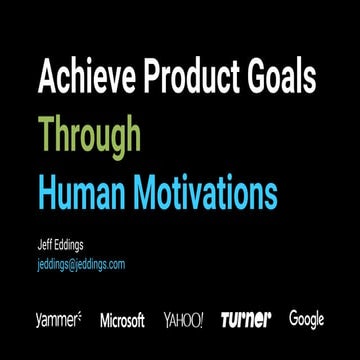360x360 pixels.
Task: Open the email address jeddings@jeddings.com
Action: tap(80, 264)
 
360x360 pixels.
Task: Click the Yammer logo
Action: tap(57, 320)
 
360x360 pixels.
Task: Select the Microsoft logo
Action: tap(122, 320)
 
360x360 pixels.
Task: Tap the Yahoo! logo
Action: tap(183, 320)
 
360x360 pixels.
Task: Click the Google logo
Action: tap(307, 320)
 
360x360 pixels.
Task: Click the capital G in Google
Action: tap(294, 319)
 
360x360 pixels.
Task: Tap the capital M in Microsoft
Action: tap(104, 320)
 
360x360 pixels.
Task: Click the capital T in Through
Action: tap(44, 133)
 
